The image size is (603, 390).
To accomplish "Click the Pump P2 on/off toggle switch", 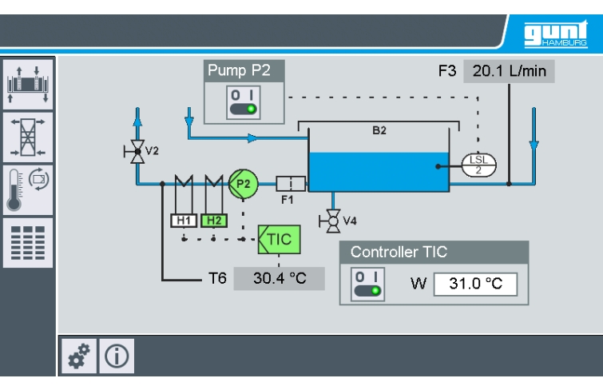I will pos(244,103).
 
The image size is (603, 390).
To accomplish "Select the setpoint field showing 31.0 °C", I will pos(476,284).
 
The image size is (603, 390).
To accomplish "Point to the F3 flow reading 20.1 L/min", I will pos(509,70).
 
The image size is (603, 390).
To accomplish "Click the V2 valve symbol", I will pos(138,149).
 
